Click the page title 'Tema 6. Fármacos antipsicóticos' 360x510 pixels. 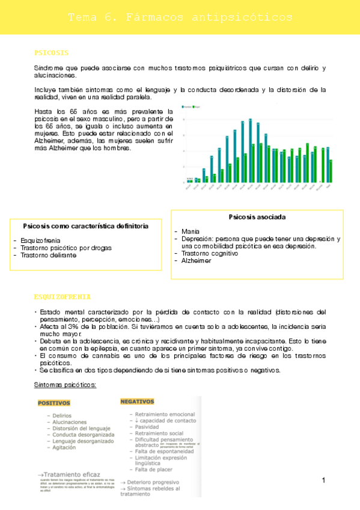180,17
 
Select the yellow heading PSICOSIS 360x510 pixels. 52,52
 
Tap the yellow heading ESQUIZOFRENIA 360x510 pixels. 63,296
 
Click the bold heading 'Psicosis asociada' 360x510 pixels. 257,217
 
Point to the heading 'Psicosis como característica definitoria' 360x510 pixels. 86,226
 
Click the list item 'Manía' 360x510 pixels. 191,230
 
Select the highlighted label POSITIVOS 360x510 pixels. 54,403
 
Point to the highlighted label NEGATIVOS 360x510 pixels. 137,401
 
